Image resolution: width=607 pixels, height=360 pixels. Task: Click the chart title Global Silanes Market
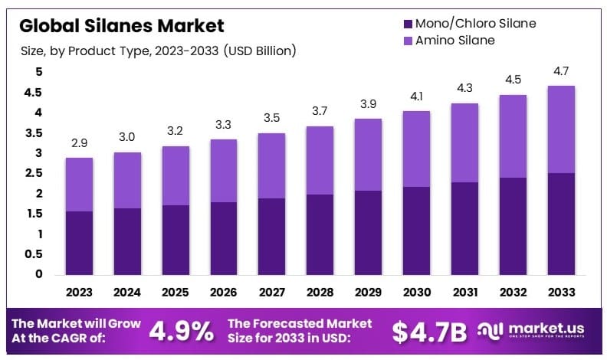[122, 25]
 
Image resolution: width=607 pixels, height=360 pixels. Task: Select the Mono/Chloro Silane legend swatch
[406, 23]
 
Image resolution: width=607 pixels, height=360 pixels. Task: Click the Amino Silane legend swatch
[406, 40]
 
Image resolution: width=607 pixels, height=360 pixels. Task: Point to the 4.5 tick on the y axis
[33, 93]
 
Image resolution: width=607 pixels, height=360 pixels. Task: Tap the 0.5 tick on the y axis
[33, 254]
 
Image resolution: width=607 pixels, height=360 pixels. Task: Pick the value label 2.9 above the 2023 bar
[80, 144]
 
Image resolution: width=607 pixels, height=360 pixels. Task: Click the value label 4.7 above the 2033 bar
[561, 72]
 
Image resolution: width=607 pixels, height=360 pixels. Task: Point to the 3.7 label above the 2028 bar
[320, 112]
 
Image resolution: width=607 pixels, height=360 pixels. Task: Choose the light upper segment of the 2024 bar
[128, 180]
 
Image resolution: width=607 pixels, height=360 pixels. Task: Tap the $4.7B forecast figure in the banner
[428, 331]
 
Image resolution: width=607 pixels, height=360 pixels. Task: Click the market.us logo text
[540, 328]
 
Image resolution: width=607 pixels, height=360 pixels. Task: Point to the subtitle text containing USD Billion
[158, 51]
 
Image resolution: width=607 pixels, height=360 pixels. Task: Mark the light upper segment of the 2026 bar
[224, 171]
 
